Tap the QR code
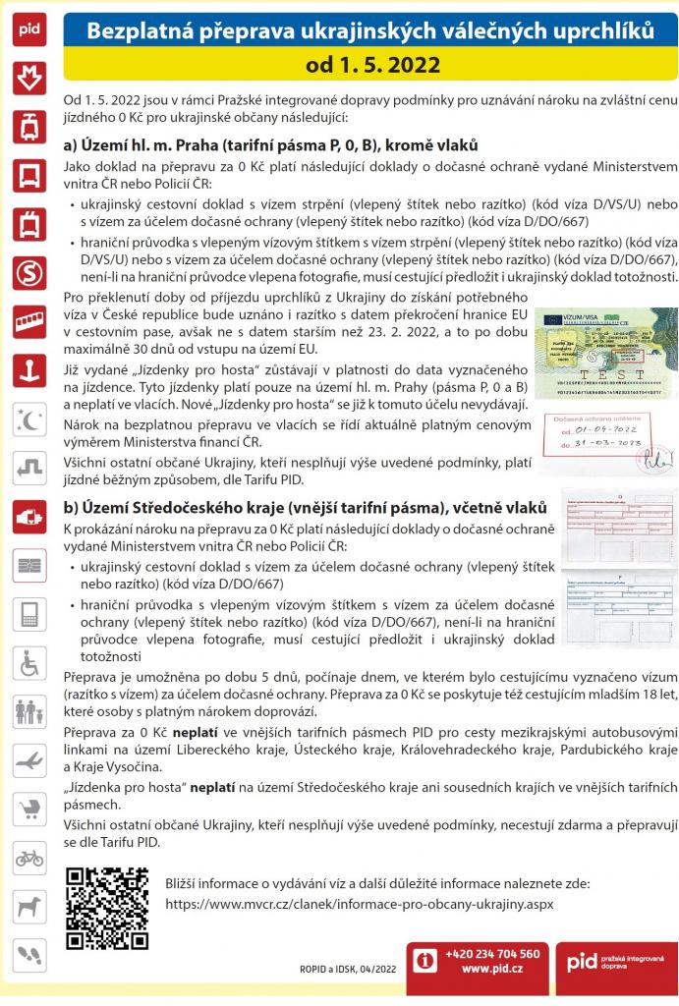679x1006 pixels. coord(106,907)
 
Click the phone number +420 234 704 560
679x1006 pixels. coord(492,954)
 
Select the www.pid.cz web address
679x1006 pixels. coord(492,969)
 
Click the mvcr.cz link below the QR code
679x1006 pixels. coord(359,903)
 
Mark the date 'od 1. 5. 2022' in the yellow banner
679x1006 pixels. coord(371,66)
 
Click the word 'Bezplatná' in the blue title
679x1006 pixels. coord(134,32)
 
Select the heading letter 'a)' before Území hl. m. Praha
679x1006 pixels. coord(70,144)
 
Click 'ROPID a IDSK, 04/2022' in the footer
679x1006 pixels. coord(348,969)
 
